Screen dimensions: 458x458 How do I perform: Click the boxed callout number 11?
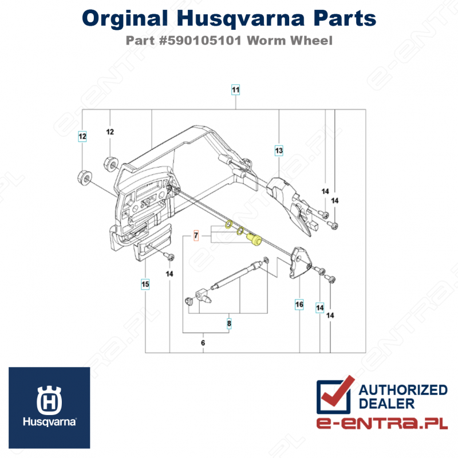pyautogui.click(x=235, y=90)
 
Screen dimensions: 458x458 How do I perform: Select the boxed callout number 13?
pyautogui.click(x=279, y=151)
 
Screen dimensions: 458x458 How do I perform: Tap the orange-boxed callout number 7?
pyautogui.click(x=196, y=235)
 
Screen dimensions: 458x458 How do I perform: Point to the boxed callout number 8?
pyautogui.click(x=229, y=323)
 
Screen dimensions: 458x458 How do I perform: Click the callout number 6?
pyautogui.click(x=203, y=342)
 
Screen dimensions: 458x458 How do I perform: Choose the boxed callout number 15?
pyautogui.click(x=145, y=284)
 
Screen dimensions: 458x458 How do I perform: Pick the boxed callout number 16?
pyautogui.click(x=299, y=305)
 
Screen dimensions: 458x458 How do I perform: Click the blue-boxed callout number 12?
pyautogui.click(x=82, y=136)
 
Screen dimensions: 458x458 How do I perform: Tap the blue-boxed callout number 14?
pyautogui.click(x=320, y=307)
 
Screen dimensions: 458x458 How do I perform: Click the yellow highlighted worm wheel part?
pyautogui.click(x=253, y=239)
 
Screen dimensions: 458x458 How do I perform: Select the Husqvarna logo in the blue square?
pyautogui.click(x=49, y=408)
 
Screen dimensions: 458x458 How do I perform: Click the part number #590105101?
pyautogui.click(x=200, y=41)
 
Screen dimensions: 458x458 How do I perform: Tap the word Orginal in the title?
pyautogui.click(x=125, y=18)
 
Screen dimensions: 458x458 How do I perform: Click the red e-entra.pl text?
pyautogui.click(x=382, y=423)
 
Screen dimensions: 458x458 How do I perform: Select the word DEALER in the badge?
pyautogui.click(x=386, y=404)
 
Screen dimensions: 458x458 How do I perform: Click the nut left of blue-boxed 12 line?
pyautogui.click(x=85, y=177)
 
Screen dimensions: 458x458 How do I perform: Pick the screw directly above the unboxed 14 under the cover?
pyautogui.click(x=169, y=256)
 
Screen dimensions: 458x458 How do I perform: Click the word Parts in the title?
pyautogui.click(x=345, y=18)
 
